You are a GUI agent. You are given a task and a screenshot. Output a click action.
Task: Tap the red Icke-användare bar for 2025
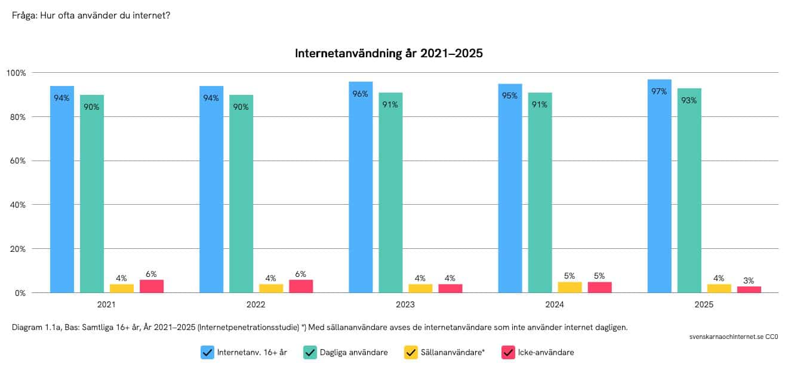(749, 289)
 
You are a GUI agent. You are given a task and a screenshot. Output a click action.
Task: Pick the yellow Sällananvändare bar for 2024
(570, 287)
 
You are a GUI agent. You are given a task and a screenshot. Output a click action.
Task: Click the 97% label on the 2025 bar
(659, 91)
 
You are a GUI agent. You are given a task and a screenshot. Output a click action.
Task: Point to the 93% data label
(689, 100)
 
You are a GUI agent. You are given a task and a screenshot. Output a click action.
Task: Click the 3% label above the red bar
(749, 280)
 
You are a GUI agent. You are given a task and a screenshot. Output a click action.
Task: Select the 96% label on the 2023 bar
(361, 94)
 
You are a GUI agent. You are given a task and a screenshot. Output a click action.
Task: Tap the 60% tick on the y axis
(17, 161)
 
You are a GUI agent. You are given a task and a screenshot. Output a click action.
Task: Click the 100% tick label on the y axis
(16, 73)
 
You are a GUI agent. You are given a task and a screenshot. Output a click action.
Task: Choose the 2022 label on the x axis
(256, 304)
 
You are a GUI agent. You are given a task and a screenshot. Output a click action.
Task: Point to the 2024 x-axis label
(555, 304)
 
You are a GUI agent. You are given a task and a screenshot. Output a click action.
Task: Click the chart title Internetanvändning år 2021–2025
(389, 54)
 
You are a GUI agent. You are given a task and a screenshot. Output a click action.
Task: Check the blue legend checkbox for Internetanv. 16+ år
(208, 353)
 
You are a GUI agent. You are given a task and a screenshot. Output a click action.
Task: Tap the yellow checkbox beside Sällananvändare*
(411, 353)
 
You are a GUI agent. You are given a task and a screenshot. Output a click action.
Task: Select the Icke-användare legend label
(546, 353)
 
